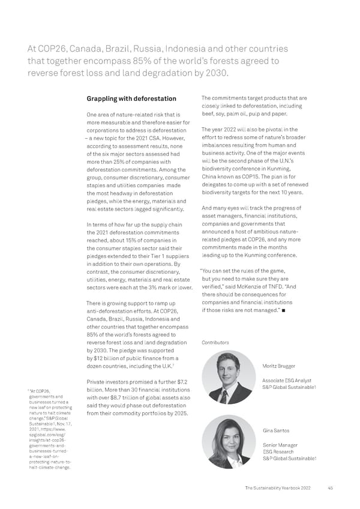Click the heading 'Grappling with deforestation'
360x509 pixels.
[131, 99]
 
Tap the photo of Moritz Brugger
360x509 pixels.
[229, 377]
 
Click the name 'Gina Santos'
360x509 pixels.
[277, 430]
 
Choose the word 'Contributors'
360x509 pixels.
[215, 343]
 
